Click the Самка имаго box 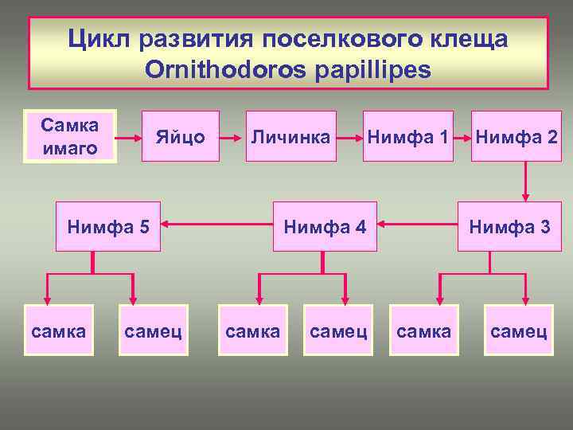(x=70, y=136)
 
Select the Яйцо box (x=180, y=136)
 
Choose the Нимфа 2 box (x=515, y=136)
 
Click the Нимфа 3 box (x=509, y=227)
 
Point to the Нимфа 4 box (x=325, y=227)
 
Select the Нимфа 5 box (x=108, y=227)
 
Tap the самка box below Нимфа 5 (x=59, y=330)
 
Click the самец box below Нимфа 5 (x=153, y=330)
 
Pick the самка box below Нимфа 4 (x=252, y=330)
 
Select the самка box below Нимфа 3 (x=423, y=330)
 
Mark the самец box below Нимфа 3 (x=519, y=330)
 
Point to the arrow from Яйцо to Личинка (x=231, y=136)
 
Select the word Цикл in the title (x=97, y=38)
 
